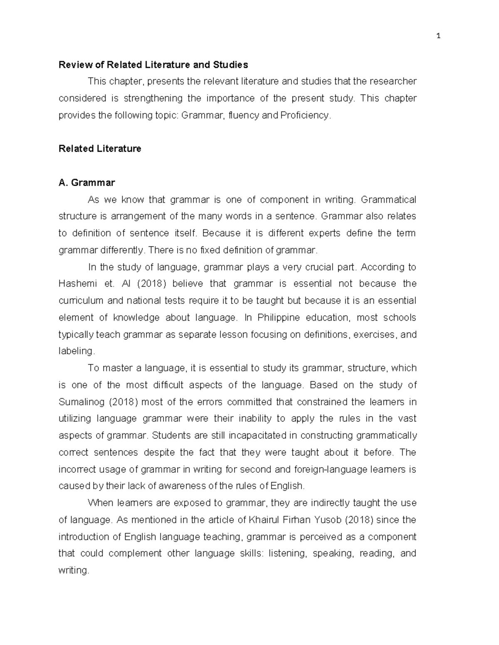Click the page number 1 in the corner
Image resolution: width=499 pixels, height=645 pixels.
click(438, 36)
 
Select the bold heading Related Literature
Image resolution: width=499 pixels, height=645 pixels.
click(100, 149)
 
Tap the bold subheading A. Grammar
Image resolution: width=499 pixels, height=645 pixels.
click(87, 182)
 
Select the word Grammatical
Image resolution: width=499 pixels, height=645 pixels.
click(388, 200)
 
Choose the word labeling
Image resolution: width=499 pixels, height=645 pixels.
click(77, 351)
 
